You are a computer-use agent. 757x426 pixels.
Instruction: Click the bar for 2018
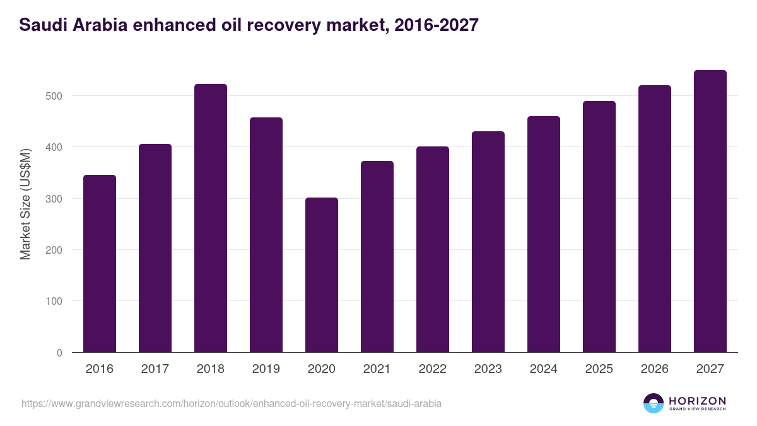point(211,218)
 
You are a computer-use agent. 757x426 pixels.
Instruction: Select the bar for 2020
point(322,275)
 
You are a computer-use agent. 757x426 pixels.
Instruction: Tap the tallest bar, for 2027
point(710,211)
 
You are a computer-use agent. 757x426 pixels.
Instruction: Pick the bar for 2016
point(100,263)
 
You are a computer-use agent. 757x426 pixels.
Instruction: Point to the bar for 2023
point(488,242)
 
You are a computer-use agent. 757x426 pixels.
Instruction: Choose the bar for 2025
point(599,227)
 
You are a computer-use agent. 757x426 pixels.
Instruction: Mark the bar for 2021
point(377,256)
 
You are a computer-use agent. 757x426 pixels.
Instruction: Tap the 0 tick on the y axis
point(60,353)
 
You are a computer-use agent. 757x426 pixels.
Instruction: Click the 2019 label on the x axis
point(266,369)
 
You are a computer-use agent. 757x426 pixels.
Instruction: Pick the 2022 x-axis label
point(433,369)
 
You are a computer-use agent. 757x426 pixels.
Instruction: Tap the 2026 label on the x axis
point(655,369)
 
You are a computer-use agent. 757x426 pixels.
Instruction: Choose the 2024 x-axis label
point(544,369)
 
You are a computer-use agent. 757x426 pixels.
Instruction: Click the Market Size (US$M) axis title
point(25,203)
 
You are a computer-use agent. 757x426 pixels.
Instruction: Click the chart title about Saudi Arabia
point(249,25)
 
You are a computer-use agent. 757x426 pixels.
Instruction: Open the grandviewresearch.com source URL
point(232,403)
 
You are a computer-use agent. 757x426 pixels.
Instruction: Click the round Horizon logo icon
point(653,403)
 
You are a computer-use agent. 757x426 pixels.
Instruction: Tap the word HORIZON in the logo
point(697,400)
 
